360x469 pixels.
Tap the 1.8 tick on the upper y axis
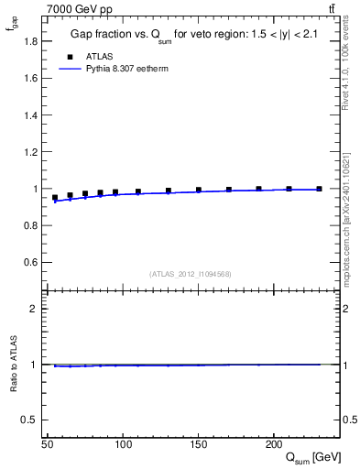pos(29,40)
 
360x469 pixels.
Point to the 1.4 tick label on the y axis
pos(29,115)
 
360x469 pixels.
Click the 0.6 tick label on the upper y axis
pos(29,263)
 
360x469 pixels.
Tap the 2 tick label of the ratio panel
pos(35,309)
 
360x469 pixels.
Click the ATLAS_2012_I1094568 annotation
pos(191,274)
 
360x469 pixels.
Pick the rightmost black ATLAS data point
pos(319,189)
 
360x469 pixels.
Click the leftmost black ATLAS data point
pos(55,197)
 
